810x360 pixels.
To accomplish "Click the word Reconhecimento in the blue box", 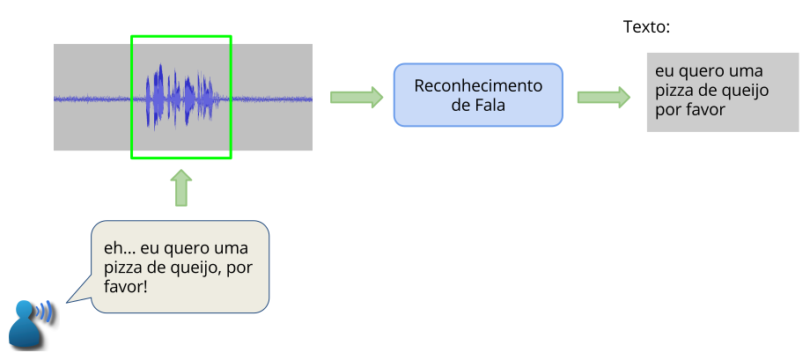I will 478,85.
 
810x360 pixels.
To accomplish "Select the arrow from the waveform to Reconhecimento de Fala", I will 357,97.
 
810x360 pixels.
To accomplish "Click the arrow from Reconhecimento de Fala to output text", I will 604,97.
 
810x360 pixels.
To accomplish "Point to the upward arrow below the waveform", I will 180,188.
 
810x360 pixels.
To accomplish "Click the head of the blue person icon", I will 24,309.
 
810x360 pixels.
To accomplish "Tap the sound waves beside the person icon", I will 45,311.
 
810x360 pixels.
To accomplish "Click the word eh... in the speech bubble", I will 118,248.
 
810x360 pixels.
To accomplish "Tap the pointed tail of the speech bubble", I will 74,299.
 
